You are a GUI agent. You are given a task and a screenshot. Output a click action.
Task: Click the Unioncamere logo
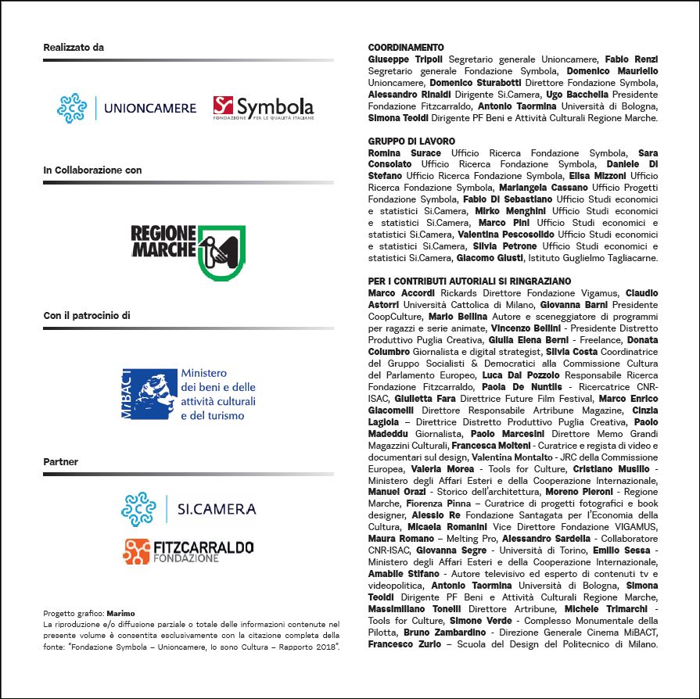tap(127, 108)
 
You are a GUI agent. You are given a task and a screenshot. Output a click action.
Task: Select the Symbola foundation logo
tap(264, 107)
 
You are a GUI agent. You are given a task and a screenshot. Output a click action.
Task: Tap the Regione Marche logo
tap(188, 253)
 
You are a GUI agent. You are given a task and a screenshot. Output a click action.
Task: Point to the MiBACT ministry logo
tap(188, 394)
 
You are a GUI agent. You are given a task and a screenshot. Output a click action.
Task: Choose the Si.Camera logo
tap(188, 509)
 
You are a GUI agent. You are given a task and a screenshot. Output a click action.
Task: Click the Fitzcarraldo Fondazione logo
tap(188, 551)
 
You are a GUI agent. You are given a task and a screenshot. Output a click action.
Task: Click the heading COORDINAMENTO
tap(406, 48)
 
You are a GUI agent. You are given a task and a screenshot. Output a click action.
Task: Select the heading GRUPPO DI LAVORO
tap(411, 141)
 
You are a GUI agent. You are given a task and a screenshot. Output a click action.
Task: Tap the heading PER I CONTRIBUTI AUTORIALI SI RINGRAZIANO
tap(469, 281)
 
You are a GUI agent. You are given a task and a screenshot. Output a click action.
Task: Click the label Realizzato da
tap(74, 48)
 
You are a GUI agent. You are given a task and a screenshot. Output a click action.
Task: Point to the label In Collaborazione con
tap(92, 170)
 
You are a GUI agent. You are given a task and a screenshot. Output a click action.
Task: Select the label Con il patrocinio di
tap(87, 316)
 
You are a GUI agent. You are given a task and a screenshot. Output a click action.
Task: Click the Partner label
tap(61, 462)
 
